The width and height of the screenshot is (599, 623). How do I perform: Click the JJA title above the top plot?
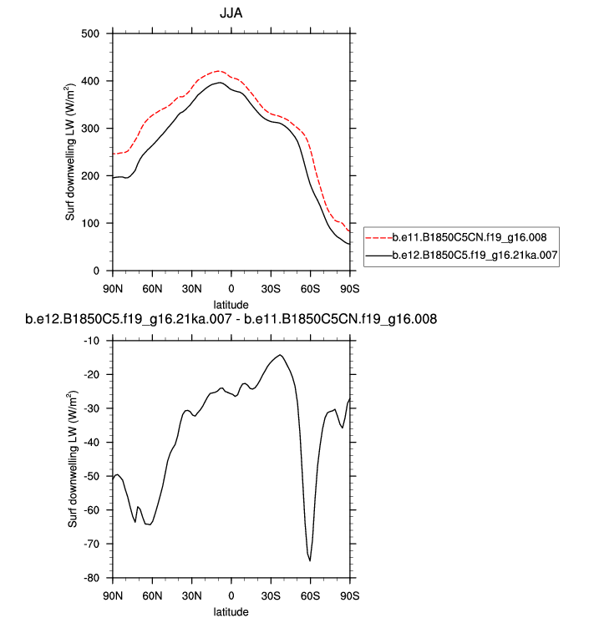point(231,14)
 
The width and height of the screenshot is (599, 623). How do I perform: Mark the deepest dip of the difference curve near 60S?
point(310,560)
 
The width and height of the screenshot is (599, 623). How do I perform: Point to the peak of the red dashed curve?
point(218,71)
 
